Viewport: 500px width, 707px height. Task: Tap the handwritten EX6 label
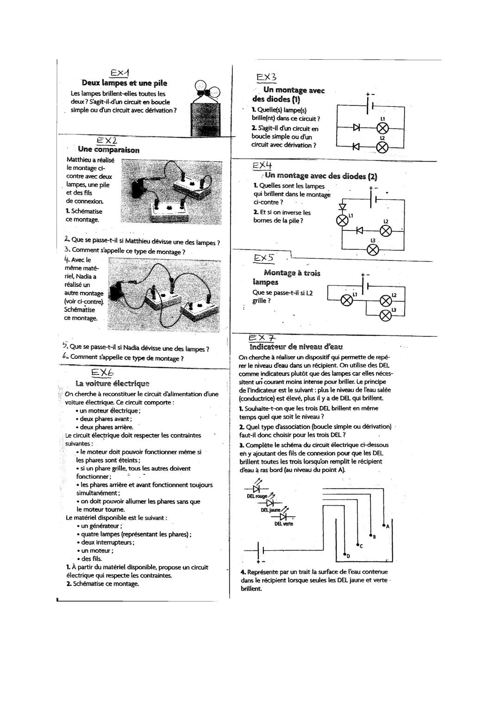(102, 372)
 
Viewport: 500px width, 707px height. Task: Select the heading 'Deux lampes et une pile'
(125, 83)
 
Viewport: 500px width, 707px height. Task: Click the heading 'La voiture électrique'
(112, 383)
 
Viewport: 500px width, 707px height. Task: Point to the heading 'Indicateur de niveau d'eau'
(296, 347)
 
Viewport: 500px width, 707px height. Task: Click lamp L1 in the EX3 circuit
(383, 127)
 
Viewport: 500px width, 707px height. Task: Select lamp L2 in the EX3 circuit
(383, 147)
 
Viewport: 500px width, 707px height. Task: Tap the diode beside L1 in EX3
(356, 127)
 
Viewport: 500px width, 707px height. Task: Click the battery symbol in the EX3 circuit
(369, 107)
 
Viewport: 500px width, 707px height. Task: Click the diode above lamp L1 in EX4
(343, 206)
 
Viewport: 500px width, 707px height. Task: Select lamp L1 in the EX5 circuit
(347, 300)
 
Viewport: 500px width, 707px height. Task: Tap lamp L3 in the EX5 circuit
(385, 315)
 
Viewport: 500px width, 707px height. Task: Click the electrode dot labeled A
(383, 526)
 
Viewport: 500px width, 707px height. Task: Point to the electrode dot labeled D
(344, 554)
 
